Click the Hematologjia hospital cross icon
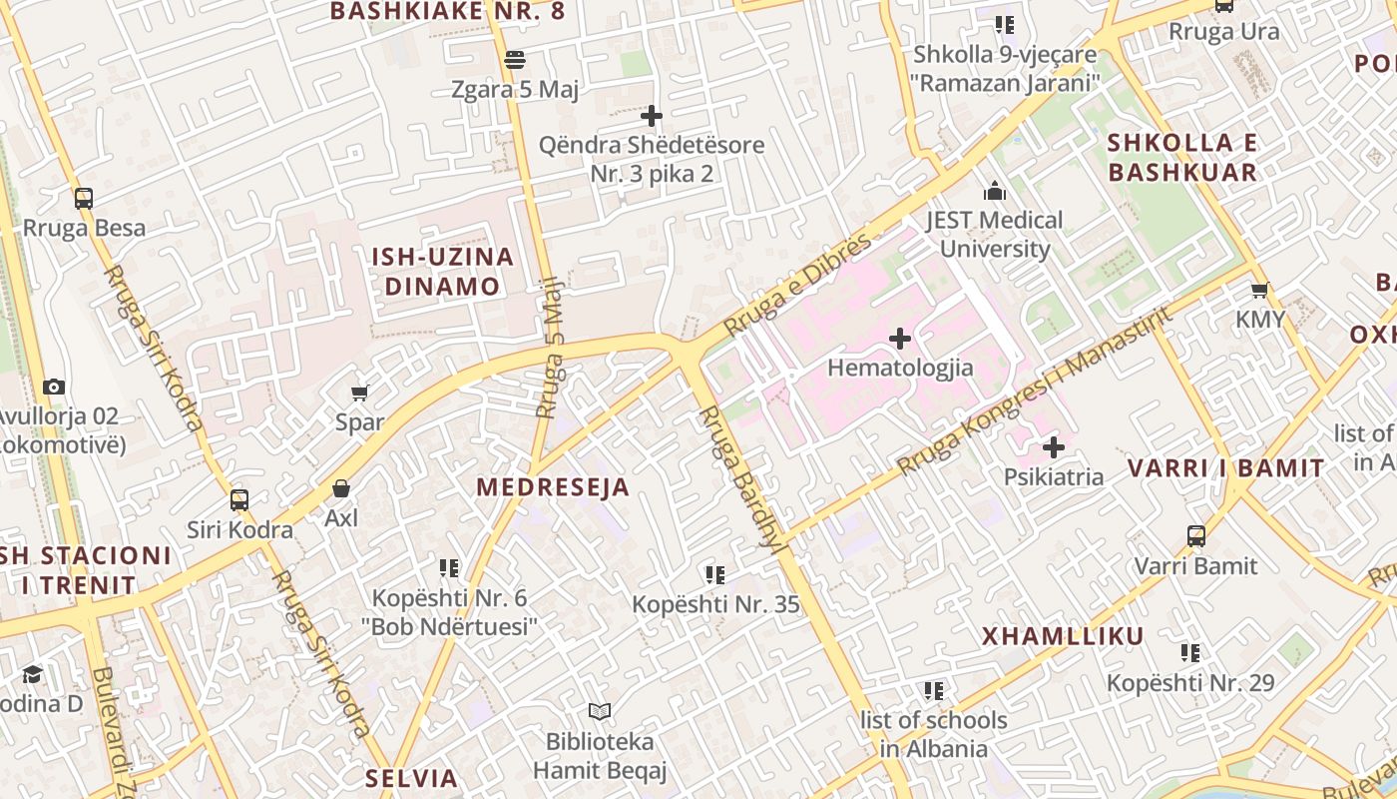click(x=900, y=339)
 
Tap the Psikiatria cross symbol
click(x=1054, y=447)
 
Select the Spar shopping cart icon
click(x=360, y=393)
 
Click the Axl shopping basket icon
click(x=341, y=488)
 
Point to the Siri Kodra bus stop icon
click(x=239, y=499)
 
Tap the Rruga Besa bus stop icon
click(x=84, y=198)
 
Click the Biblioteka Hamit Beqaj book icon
click(x=599, y=711)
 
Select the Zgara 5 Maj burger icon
click(x=515, y=60)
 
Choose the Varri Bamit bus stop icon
click(x=1196, y=536)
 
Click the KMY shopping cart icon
click(x=1260, y=291)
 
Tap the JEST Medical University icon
click(x=995, y=191)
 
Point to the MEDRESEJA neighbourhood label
click(x=553, y=487)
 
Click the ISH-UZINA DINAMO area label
click(x=442, y=272)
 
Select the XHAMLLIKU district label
click(x=1063, y=636)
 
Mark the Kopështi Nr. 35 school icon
click(x=715, y=574)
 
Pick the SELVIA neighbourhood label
click(x=411, y=778)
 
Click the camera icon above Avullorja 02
click(x=54, y=387)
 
